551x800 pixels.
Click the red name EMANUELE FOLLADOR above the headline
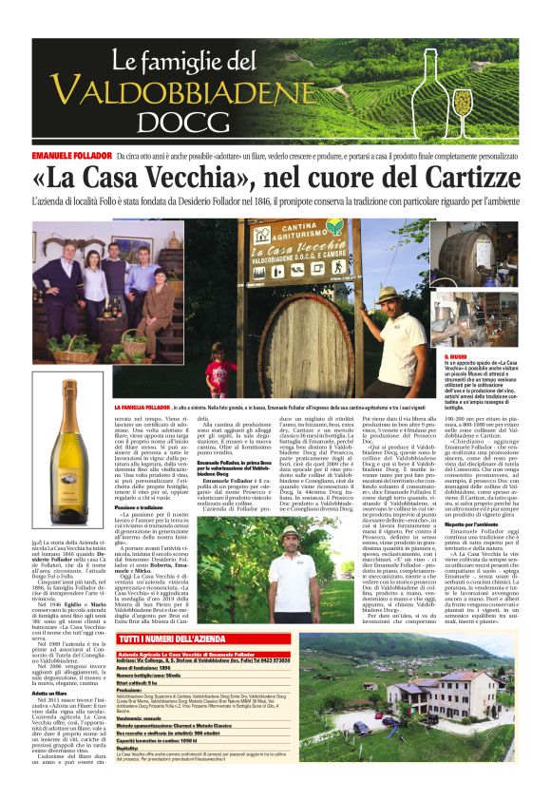click(x=68, y=153)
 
